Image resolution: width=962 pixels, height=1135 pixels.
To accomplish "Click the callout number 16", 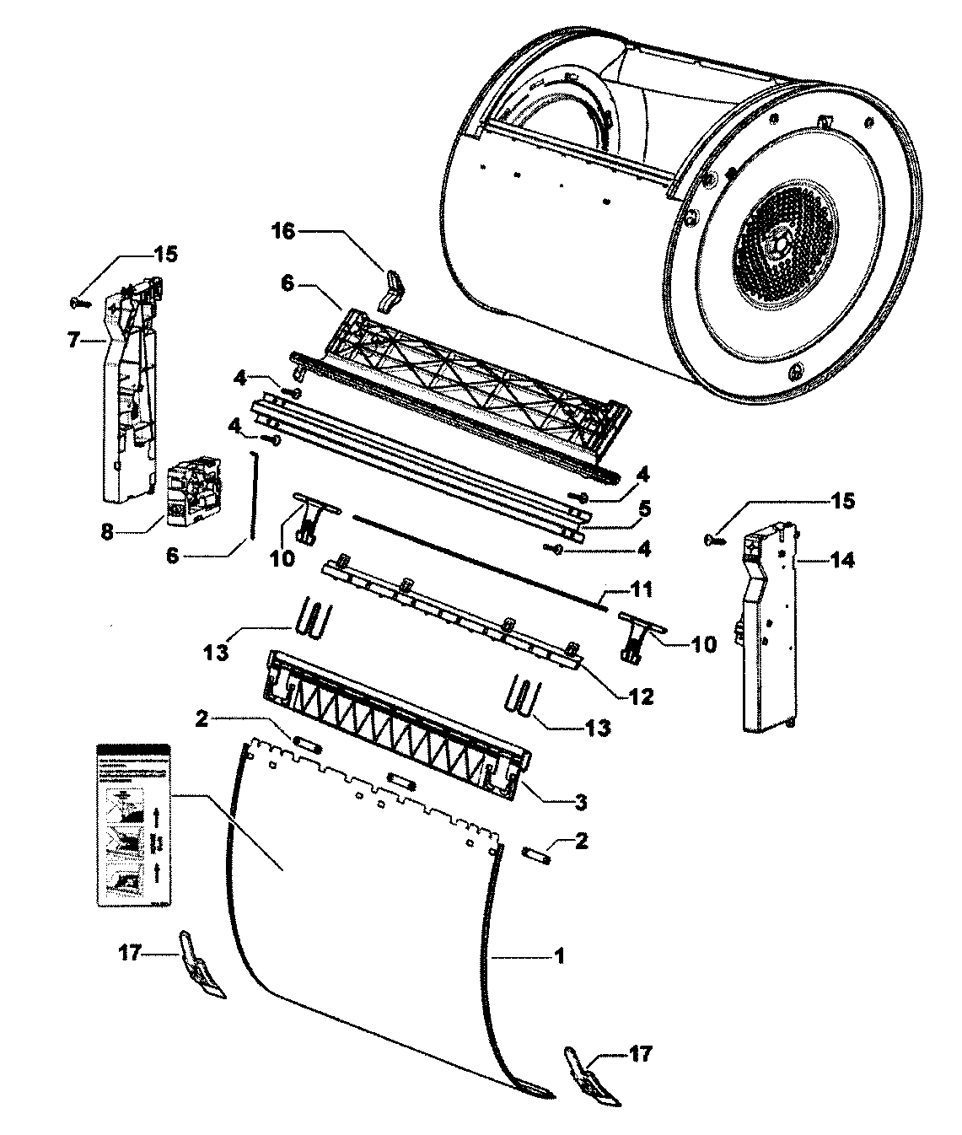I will coord(283,231).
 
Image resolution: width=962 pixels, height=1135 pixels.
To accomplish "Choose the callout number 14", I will coord(841,558).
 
